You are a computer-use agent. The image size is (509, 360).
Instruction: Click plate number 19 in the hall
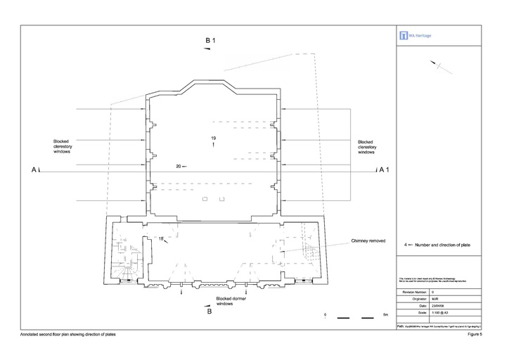(x=213, y=137)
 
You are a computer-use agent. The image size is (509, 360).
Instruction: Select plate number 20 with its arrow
(x=181, y=166)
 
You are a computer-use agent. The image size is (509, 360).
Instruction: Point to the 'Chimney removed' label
(x=368, y=241)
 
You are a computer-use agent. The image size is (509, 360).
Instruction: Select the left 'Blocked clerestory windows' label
(x=62, y=146)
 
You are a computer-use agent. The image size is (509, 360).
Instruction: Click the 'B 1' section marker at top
(x=210, y=41)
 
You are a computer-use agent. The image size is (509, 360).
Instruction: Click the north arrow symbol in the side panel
(x=439, y=65)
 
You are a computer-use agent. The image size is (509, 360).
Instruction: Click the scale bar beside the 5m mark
(x=354, y=319)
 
